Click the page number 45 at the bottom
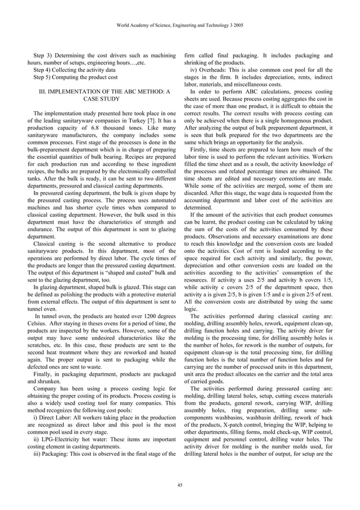(180, 485)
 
